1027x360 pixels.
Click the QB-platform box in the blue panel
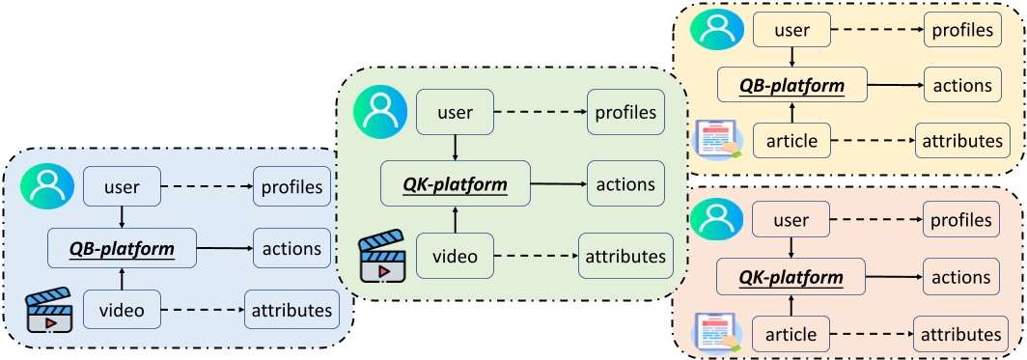click(121, 248)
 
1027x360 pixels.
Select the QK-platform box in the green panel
click(454, 182)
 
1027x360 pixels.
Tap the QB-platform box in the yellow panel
click(791, 86)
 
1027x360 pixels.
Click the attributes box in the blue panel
click(291, 311)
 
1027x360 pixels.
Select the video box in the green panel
click(454, 256)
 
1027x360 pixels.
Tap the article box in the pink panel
click(791, 334)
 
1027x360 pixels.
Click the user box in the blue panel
click(122, 187)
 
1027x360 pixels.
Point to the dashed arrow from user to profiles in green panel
click(540, 112)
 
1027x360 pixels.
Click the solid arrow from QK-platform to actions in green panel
click(560, 182)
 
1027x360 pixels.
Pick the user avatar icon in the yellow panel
click(715, 30)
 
